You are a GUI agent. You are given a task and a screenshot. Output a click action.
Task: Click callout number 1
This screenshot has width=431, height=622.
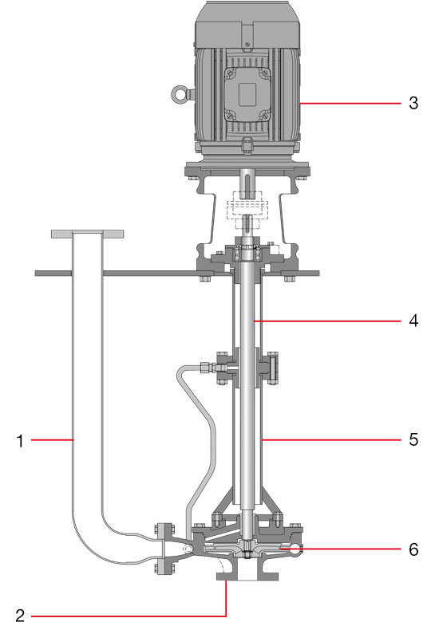(20, 441)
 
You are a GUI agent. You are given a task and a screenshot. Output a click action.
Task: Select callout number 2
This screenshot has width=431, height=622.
(20, 615)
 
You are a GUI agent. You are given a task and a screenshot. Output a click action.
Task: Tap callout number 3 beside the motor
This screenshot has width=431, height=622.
(413, 103)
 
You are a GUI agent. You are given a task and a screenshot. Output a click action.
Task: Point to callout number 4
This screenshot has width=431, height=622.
(413, 321)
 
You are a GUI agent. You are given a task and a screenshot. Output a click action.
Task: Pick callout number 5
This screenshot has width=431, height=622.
(413, 439)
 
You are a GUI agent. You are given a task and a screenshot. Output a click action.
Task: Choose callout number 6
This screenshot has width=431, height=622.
(413, 549)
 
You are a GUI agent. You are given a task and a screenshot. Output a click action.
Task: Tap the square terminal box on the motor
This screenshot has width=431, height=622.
(247, 94)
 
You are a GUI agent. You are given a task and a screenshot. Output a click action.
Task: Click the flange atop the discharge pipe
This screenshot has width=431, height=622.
(87, 234)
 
